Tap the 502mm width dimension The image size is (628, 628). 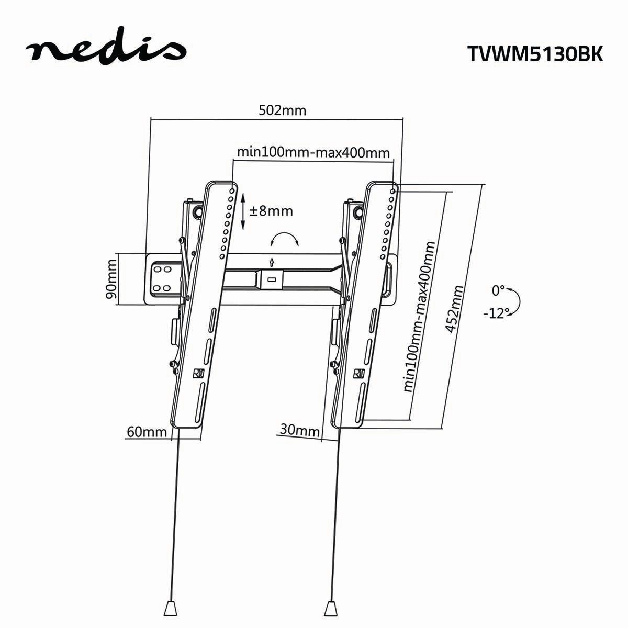coord(283,110)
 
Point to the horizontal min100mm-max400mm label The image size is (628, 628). coord(313,152)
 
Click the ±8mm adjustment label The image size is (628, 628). coord(271,211)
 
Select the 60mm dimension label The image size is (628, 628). coord(147,432)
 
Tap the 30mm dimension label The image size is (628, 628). coord(299,430)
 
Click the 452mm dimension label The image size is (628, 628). coord(455,309)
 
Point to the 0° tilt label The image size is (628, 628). coord(498,290)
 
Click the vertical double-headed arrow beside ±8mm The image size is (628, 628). coord(243,211)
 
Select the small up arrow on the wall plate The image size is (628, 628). coord(272,261)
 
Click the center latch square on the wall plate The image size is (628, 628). coord(272,279)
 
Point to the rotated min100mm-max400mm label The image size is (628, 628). coord(420,317)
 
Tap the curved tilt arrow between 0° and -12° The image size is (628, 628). coord(518,301)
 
